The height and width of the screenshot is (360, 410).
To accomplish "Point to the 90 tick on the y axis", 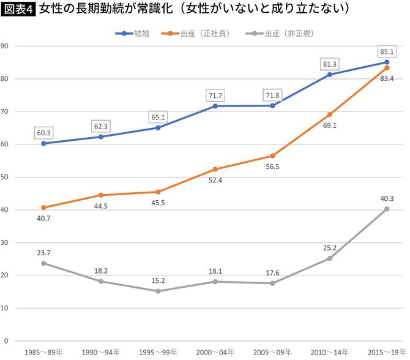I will tap(4, 46).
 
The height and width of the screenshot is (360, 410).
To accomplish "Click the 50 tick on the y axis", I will tap(4, 177).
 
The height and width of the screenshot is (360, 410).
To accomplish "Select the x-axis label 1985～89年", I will tap(43, 353).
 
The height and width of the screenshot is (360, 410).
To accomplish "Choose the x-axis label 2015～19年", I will tap(387, 353).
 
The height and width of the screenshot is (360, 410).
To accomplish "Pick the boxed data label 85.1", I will tap(387, 51).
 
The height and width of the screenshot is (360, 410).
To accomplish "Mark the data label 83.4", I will tap(387, 79).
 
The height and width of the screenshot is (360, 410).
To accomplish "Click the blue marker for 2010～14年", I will tap(330, 75).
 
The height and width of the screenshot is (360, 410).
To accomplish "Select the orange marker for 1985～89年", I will tap(43, 208).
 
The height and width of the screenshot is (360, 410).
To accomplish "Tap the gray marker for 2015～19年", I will tap(387, 209).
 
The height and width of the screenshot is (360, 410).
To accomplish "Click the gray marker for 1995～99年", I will tap(158, 291).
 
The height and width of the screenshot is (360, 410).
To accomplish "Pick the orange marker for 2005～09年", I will tap(272, 156).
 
